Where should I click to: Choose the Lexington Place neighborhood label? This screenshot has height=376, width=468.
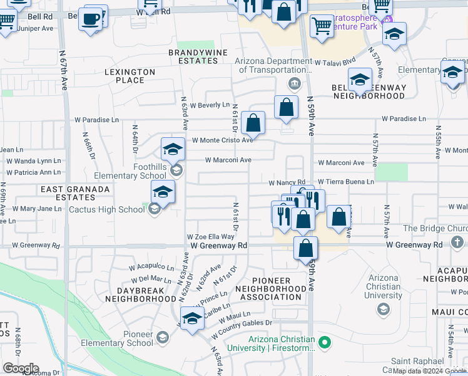click(x=130, y=76)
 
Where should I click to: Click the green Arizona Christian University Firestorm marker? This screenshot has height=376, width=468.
click(x=324, y=342)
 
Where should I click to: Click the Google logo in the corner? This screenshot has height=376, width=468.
click(x=20, y=368)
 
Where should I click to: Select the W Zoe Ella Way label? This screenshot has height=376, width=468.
click(x=211, y=237)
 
